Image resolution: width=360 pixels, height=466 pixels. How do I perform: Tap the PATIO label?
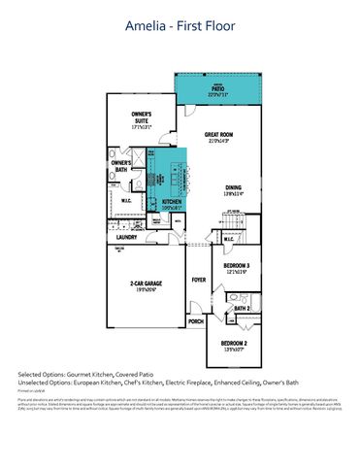[215, 88]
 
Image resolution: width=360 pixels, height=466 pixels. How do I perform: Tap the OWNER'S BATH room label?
[120, 166]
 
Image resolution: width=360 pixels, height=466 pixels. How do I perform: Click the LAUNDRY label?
[124, 236]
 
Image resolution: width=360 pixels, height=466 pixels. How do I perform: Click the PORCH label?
[196, 320]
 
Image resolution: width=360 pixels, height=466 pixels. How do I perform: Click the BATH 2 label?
[243, 309]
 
